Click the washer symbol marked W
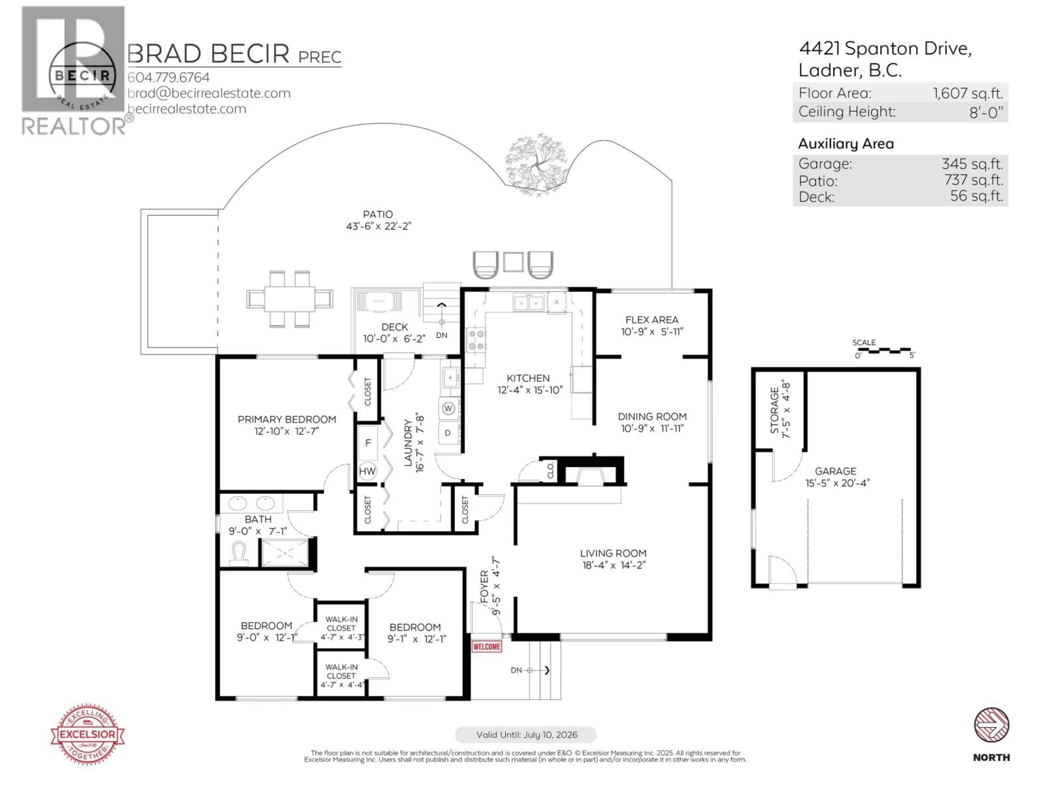pyautogui.click(x=448, y=408)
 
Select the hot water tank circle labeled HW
pyautogui.click(x=367, y=471)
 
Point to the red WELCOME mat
pyautogui.click(x=486, y=647)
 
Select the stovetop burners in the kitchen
pyautogui.click(x=476, y=340)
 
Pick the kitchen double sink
pyautogui.click(x=528, y=303)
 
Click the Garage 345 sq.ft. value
pyautogui.click(x=972, y=164)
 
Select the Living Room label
pyautogui.click(x=613, y=553)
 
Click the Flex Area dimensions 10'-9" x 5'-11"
pyautogui.click(x=652, y=332)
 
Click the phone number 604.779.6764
pyautogui.click(x=168, y=77)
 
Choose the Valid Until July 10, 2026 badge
pyautogui.click(x=526, y=735)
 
